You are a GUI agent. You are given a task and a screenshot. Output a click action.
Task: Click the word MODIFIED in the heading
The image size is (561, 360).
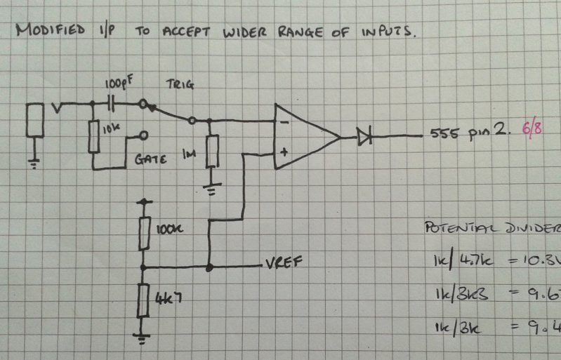[45, 31]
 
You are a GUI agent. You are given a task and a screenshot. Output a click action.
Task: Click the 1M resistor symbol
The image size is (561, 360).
[209, 150]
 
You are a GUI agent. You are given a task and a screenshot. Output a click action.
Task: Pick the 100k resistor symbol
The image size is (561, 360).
[143, 232]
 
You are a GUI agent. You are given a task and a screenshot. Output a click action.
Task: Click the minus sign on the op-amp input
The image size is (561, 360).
[283, 122]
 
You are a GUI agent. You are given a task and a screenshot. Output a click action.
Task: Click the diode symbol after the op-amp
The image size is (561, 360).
[364, 135]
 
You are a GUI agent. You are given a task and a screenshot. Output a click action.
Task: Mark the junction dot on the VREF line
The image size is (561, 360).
[209, 267]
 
